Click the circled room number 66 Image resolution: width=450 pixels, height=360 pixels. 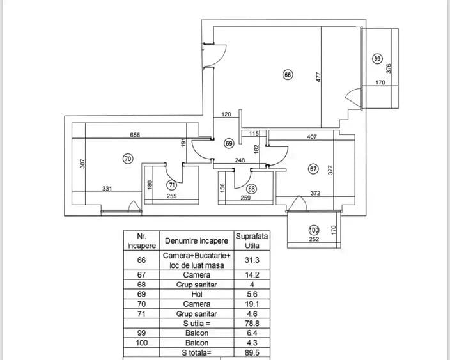click(x=288, y=75)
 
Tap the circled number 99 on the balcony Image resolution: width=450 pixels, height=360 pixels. click(x=377, y=59)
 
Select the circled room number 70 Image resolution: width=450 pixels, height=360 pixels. click(x=128, y=159)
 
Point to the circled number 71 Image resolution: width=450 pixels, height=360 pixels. click(x=171, y=185)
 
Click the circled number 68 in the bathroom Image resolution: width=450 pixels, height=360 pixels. click(x=252, y=189)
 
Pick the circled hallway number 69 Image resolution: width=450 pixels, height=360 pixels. click(x=229, y=143)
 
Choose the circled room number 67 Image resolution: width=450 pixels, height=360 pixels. click(x=313, y=169)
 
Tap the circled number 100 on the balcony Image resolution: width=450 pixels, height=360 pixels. click(x=314, y=230)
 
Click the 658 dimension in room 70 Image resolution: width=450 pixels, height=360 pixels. click(x=135, y=135)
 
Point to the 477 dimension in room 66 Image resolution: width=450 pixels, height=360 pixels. click(x=318, y=77)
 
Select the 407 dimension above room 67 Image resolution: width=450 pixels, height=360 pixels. click(x=312, y=137)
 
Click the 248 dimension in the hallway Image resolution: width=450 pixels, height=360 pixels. click(x=240, y=160)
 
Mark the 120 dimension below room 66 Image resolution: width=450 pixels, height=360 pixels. click(x=226, y=114)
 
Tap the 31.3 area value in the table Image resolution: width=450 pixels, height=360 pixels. click(x=252, y=260)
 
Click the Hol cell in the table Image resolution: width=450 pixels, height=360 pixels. click(x=197, y=294)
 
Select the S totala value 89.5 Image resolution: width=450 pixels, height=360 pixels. click(x=252, y=352)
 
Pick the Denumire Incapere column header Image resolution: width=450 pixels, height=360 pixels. click(x=197, y=240)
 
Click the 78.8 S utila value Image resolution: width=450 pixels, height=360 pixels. click(x=252, y=324)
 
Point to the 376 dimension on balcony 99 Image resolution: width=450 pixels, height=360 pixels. click(x=389, y=68)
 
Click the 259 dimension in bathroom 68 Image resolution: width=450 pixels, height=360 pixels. click(x=245, y=198)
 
